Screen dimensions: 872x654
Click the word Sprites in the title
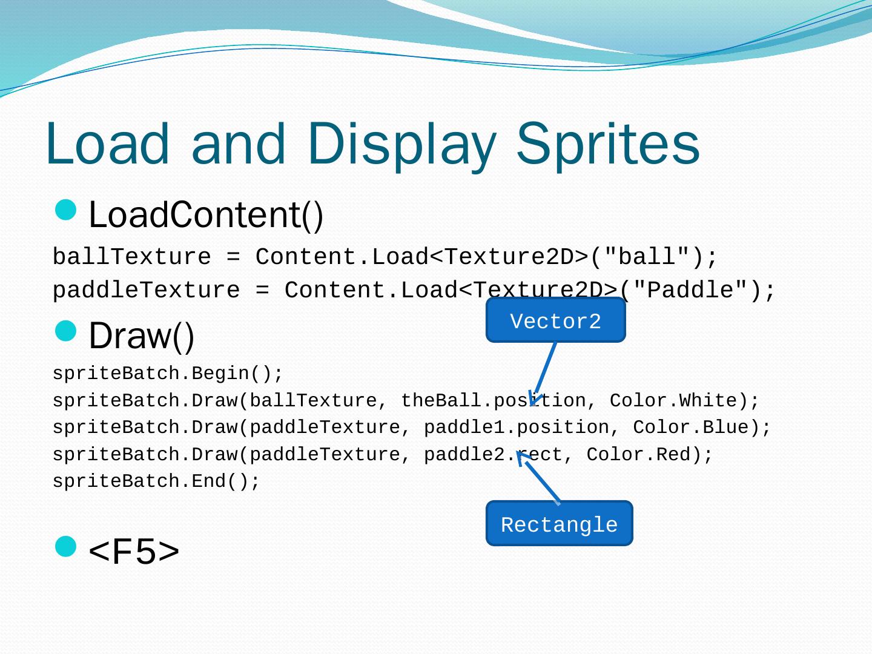608,144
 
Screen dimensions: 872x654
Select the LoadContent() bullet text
206,215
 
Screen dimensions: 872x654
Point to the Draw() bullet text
141,336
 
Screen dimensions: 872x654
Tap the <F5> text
134,551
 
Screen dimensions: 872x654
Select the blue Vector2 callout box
555,320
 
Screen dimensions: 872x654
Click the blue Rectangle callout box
559,523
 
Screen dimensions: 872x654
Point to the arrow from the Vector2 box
544,372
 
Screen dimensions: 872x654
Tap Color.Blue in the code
696,428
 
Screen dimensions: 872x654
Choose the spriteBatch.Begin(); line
168,374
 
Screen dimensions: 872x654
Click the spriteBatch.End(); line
156,482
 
